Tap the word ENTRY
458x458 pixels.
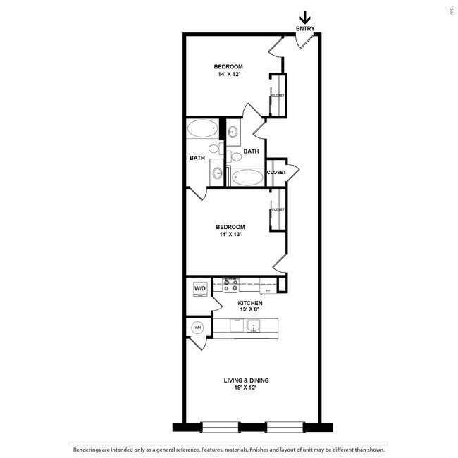tap(305, 30)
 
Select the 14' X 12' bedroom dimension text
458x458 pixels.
tap(228, 74)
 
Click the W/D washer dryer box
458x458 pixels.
tap(199, 289)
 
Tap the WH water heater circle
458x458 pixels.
tap(198, 328)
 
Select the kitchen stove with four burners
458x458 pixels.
tap(231, 285)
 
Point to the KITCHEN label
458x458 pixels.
tap(230, 302)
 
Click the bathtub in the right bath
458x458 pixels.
tap(247, 177)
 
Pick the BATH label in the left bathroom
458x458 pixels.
tap(197, 158)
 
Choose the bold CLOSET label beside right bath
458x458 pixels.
tap(276, 172)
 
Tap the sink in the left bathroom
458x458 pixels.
tap(217, 173)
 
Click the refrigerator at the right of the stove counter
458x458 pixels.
tap(268, 285)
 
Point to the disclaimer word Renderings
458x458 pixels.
tap(87, 449)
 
